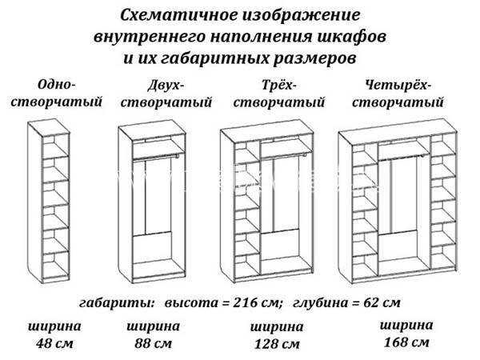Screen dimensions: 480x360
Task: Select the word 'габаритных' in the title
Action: [x=214, y=58]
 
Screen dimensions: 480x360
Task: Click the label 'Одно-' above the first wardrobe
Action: [x=56, y=85]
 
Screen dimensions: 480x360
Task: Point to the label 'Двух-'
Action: [x=166, y=86]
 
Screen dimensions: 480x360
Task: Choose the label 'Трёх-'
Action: [x=279, y=85]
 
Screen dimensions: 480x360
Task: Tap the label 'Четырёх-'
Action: [x=398, y=85]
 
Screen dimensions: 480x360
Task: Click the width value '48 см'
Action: [x=54, y=343]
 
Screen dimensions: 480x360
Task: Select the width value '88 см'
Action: [x=153, y=343]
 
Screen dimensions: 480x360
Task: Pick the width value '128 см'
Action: [x=277, y=344]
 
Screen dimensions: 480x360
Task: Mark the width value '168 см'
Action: [x=406, y=342]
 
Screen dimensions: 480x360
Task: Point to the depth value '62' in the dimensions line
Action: [x=371, y=302]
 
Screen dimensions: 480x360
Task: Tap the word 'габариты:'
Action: [x=117, y=303]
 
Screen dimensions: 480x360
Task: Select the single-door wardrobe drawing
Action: [x=49, y=201]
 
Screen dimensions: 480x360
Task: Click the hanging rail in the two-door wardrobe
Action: [x=155, y=158]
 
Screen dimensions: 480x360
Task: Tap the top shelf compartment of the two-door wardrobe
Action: [x=158, y=149]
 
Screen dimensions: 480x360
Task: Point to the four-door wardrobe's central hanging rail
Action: [x=402, y=158]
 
